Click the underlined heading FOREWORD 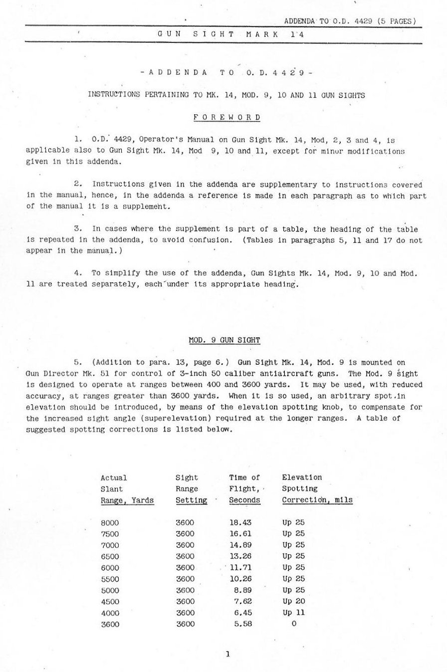[x=227, y=118]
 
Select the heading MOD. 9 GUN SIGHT [x=224, y=340]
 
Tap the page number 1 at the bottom [x=227, y=654]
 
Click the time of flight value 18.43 [x=240, y=523]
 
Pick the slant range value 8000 [x=110, y=523]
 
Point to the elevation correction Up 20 [x=293, y=601]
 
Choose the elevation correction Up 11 [x=293, y=613]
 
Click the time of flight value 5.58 [x=243, y=624]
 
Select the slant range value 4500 [x=110, y=601]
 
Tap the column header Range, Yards [x=127, y=500]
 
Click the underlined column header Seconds [x=244, y=500]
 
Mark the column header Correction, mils [x=317, y=500]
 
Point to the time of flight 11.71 [x=240, y=568]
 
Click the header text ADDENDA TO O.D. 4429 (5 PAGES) [x=350, y=21]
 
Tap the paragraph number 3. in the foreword [x=77, y=229]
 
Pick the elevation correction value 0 [x=293, y=624]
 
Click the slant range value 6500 [x=110, y=556]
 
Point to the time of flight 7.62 [x=243, y=601]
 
